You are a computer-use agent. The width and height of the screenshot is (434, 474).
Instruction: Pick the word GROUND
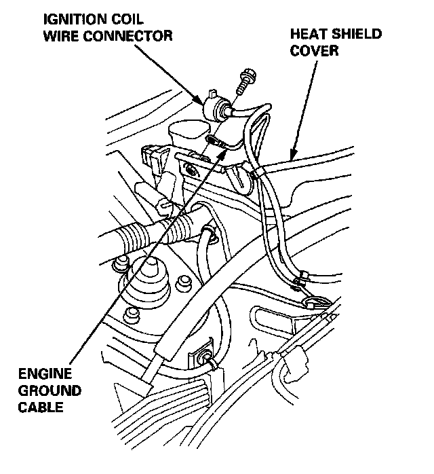[49, 391]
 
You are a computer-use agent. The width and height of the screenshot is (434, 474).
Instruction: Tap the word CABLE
[45, 407]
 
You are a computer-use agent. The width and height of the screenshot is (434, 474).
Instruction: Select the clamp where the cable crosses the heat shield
[256, 175]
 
